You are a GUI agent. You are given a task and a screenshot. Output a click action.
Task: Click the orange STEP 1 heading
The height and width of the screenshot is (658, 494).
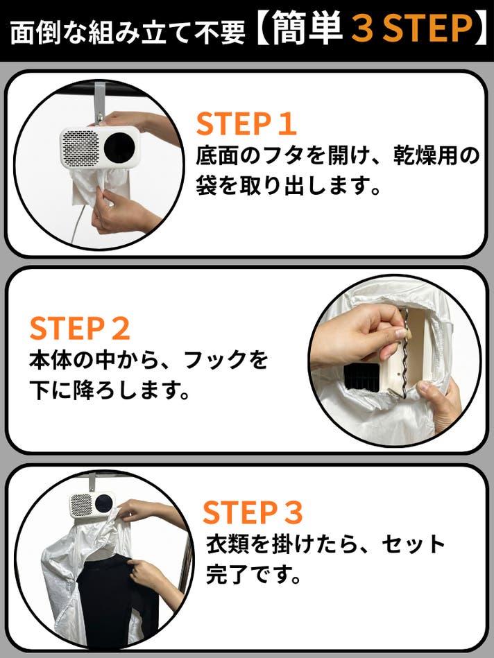pyautogui.click(x=246, y=123)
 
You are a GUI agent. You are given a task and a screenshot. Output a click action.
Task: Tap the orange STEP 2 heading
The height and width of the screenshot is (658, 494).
pyautogui.click(x=79, y=329)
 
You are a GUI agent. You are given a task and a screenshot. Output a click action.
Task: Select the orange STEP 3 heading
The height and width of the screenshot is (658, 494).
pyautogui.click(x=253, y=512)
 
